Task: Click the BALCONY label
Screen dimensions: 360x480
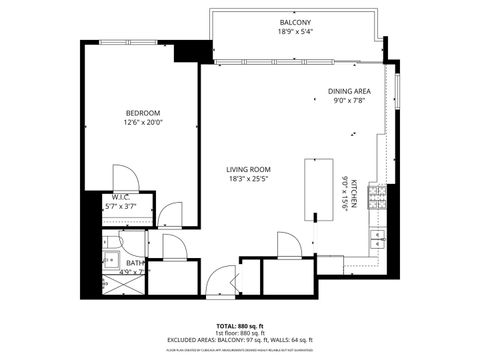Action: click(294, 22)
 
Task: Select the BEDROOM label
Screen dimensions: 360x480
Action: click(141, 112)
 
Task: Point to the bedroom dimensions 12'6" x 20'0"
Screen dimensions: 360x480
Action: click(141, 123)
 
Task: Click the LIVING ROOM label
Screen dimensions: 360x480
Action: click(248, 170)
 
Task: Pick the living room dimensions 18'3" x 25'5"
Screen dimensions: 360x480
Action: click(248, 181)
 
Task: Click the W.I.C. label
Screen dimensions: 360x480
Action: click(121, 197)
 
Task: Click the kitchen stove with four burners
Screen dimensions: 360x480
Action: click(377, 196)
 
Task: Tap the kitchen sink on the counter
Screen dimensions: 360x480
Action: click(378, 240)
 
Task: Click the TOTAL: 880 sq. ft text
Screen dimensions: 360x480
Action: click(239, 326)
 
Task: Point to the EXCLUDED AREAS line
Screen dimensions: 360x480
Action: click(239, 341)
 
